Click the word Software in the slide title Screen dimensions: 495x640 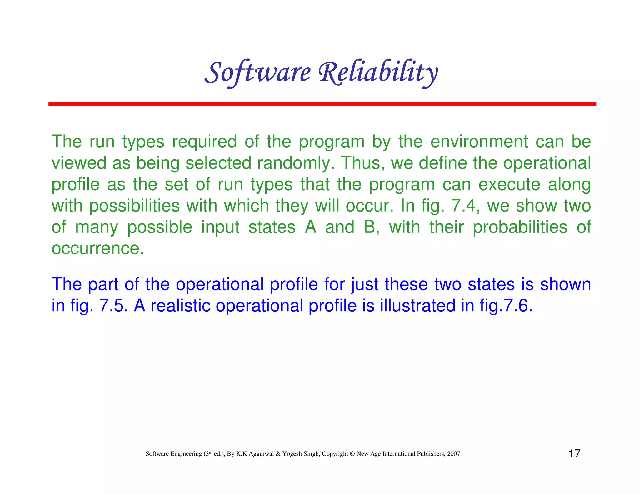257,73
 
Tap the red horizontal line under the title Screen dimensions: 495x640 322,104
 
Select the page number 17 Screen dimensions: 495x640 574,454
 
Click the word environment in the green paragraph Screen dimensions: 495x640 479,142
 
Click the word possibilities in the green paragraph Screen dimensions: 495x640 134,206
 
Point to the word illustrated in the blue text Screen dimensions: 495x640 417,305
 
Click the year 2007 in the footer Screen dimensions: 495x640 453,454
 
